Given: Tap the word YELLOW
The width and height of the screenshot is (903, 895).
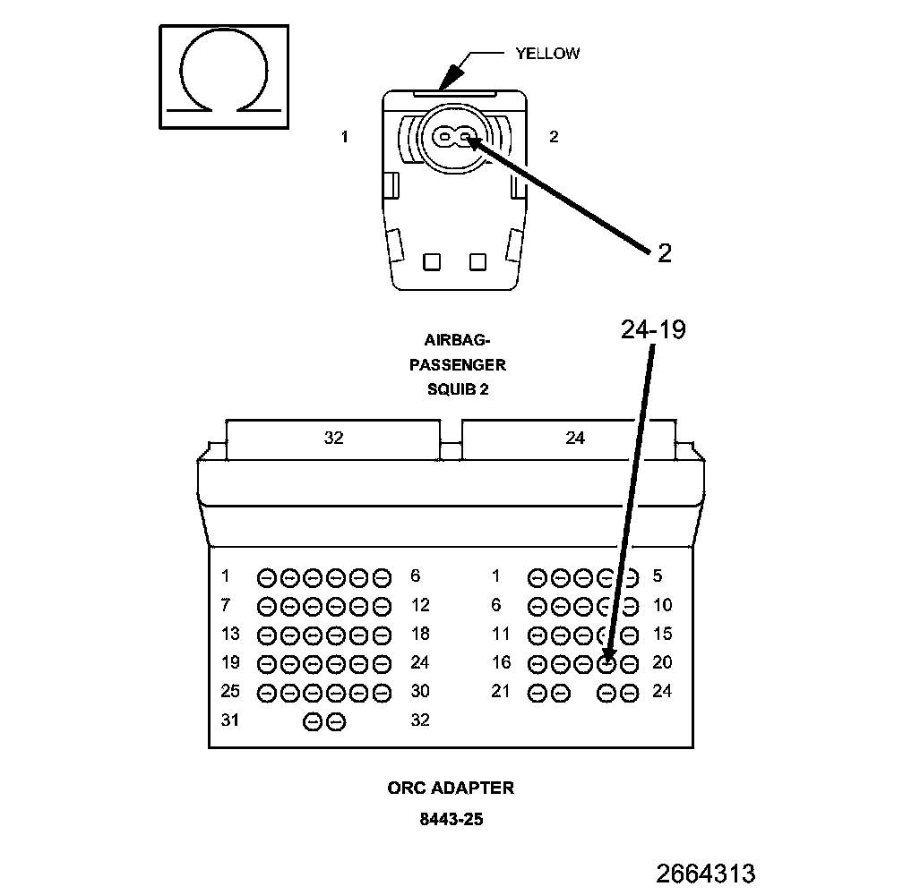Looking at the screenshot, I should tap(546, 54).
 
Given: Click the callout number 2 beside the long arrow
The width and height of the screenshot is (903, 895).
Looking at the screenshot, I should tap(664, 253).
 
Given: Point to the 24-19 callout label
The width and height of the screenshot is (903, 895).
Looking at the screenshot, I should tap(653, 330).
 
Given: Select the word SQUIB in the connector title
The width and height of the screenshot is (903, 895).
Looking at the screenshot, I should tap(445, 389).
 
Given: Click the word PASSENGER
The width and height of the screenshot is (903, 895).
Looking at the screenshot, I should tap(457, 365).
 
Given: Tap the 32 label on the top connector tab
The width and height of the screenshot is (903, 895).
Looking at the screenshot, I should tap(333, 438).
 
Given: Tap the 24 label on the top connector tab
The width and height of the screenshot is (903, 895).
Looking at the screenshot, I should tap(575, 438).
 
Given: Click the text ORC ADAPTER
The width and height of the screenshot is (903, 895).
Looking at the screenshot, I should tap(451, 788).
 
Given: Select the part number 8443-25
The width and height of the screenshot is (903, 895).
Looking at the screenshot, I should tap(451, 818).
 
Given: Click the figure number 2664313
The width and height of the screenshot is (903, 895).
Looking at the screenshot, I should tap(706, 873).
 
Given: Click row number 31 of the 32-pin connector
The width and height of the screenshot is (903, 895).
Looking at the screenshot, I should tap(231, 720).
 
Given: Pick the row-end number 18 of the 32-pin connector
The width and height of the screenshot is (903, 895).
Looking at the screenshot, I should tap(420, 634).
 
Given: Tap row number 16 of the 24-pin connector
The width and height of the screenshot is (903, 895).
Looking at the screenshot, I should tap(501, 662).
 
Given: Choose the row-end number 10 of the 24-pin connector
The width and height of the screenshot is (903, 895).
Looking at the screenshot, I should tap(662, 605).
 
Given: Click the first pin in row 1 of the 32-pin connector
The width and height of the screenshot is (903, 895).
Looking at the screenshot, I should tap(267, 577).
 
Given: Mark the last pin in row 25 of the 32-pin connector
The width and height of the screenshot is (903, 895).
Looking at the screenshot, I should tap(383, 692).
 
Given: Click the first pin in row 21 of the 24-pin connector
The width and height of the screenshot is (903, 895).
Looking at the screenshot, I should tap(537, 692).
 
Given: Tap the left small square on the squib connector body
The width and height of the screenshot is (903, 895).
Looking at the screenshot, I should tap(432, 261).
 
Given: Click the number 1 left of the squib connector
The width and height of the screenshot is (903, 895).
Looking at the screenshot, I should tap(345, 137).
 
